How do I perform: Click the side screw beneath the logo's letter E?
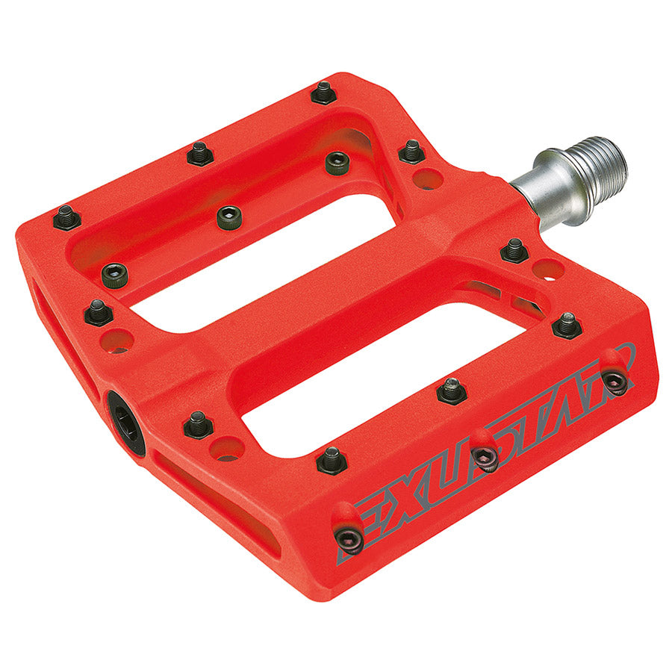point(348,536)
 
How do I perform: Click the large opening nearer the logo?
point(388,373)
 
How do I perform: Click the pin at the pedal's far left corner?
point(66,217)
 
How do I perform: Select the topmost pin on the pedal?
point(323,93)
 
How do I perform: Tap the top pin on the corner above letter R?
point(567,325)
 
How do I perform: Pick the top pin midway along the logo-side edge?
point(452,391)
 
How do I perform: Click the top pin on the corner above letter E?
point(332,458)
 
